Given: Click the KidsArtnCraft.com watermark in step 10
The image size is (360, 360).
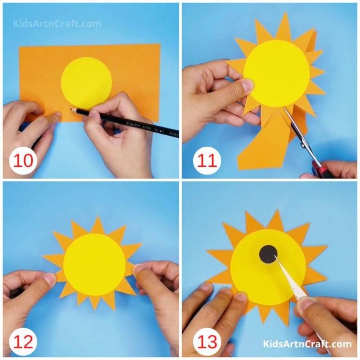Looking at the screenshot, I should [x=57, y=23].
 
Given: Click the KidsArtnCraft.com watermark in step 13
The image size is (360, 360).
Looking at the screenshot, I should [x=307, y=345].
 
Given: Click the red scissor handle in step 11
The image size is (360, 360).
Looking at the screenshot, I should [x=323, y=170].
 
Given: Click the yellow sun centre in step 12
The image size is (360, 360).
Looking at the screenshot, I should [x=94, y=264].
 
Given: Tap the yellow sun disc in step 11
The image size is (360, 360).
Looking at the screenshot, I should [x=277, y=73].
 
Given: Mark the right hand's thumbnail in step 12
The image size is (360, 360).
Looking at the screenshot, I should [x=139, y=270].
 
